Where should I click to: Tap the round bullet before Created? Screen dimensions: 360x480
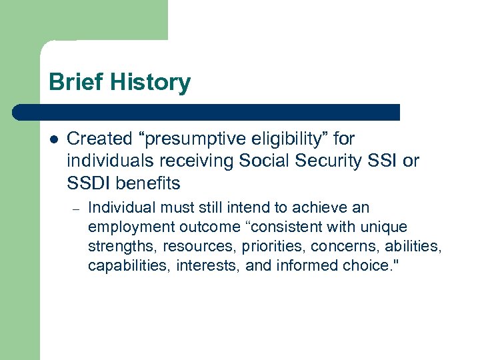click(x=53, y=140)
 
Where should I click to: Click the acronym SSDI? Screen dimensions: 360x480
click(x=87, y=182)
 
